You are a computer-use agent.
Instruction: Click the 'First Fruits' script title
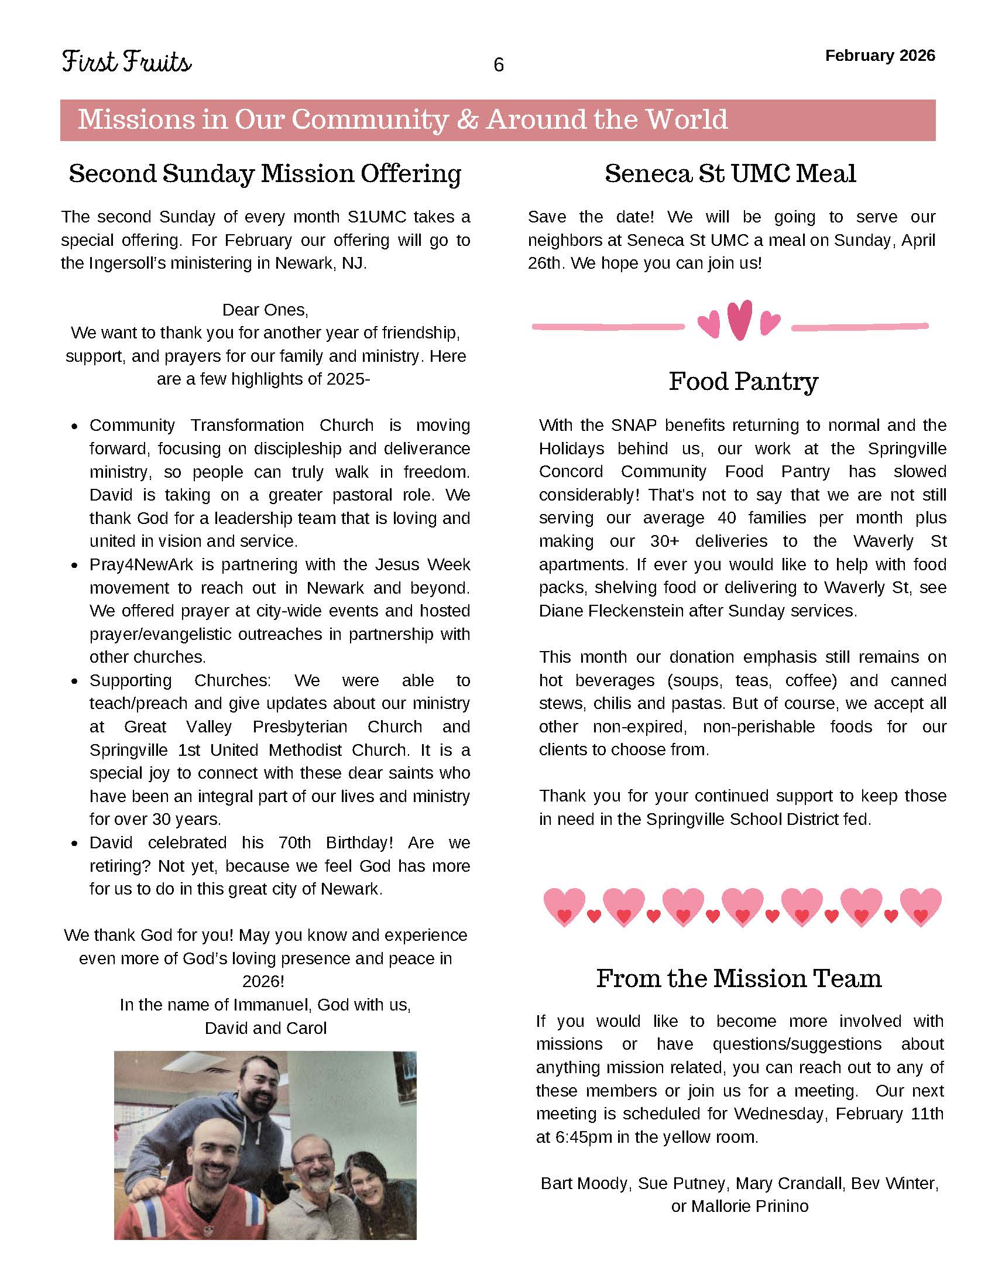(126, 62)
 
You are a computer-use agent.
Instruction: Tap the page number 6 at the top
(498, 65)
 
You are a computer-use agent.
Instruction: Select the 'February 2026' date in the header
(880, 56)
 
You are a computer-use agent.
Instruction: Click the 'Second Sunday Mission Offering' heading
(265, 173)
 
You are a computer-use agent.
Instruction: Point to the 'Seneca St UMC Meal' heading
(730, 173)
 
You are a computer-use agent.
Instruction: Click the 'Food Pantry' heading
(743, 382)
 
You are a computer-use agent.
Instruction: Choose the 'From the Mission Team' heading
(739, 978)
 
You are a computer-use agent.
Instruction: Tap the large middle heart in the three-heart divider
(739, 320)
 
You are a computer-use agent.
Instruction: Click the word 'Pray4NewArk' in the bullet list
(141, 564)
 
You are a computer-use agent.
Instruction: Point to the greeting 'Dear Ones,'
(265, 310)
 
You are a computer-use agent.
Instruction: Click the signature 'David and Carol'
(265, 1028)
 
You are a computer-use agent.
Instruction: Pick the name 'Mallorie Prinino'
(749, 1206)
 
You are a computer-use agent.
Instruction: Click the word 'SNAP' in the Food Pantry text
(633, 425)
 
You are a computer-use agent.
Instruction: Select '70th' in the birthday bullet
(294, 842)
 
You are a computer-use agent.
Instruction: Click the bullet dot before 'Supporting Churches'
(74, 681)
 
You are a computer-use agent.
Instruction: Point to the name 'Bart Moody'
(584, 1183)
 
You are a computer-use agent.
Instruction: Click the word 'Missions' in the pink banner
(136, 119)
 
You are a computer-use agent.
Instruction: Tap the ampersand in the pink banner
(467, 119)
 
